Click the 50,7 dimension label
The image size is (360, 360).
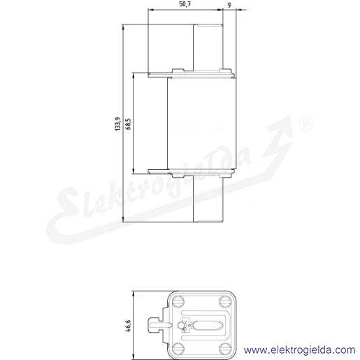185,4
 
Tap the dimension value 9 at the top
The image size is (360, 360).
229,5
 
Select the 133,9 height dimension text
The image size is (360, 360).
118,124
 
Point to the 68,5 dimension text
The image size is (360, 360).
128,124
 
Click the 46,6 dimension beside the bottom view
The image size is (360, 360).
128,326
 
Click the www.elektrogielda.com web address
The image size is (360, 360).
299,350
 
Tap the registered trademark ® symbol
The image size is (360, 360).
306,124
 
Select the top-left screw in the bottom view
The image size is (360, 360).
178,301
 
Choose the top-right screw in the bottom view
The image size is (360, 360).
225,301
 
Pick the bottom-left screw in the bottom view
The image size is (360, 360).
178,349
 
